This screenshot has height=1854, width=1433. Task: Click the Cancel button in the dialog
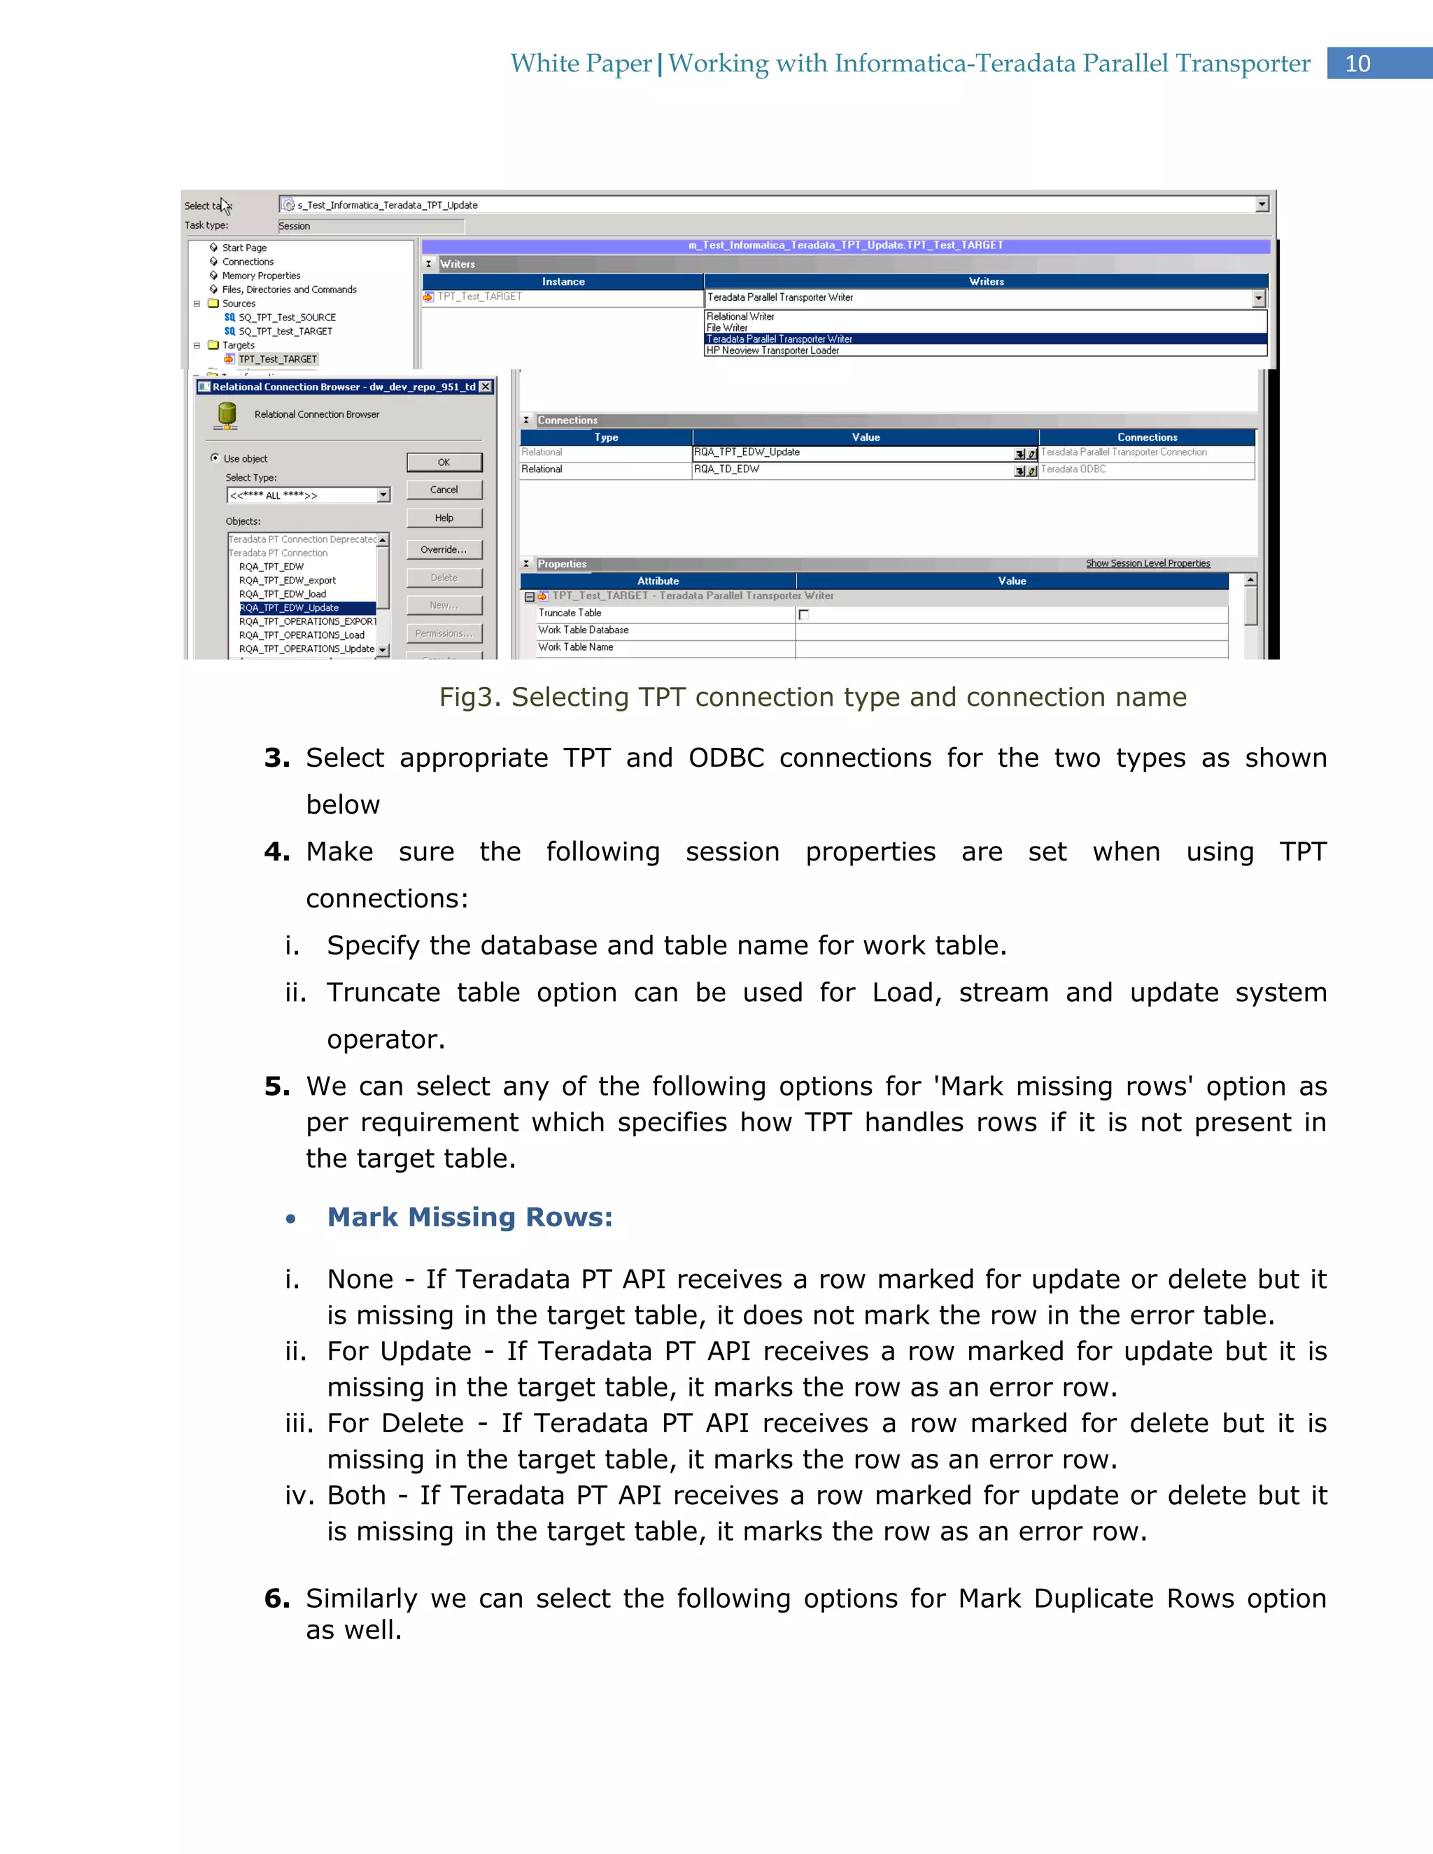(x=444, y=490)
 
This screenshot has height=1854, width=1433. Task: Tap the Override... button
(x=444, y=549)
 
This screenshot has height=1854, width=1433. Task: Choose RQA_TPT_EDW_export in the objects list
(x=287, y=581)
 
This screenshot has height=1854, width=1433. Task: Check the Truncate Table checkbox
(x=804, y=614)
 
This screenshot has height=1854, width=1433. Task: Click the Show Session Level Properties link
(x=1148, y=564)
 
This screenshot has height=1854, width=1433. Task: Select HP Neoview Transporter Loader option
(x=772, y=351)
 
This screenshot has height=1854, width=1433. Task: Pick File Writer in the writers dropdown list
(x=727, y=327)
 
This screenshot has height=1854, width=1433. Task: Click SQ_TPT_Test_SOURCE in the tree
(x=287, y=318)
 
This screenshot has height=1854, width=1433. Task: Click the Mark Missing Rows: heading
(x=470, y=1217)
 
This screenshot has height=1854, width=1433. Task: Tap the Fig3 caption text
(x=812, y=697)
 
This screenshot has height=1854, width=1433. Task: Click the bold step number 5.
(x=277, y=1087)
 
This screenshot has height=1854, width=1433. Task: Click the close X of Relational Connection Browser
(x=486, y=387)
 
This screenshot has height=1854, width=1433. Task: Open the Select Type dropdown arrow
(x=383, y=495)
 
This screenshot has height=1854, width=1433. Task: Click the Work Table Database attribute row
(x=584, y=630)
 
